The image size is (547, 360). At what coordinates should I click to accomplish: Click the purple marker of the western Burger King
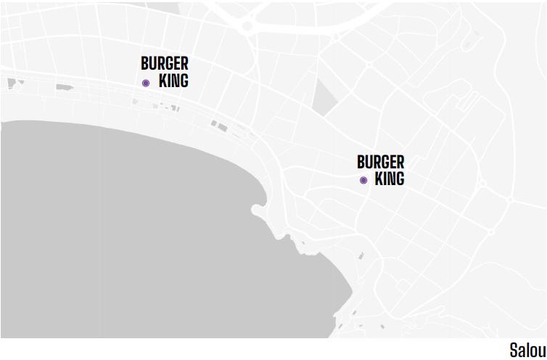pos(146,83)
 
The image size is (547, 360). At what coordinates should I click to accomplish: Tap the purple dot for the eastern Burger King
pos(363,180)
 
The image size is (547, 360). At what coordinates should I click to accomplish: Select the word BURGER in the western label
pos(165,64)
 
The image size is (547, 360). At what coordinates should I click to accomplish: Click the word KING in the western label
pos(173,81)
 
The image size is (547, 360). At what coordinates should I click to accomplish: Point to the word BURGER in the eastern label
pos(381,161)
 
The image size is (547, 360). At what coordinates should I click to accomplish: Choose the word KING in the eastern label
pos(390,178)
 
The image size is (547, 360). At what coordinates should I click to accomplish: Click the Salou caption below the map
pos(527,350)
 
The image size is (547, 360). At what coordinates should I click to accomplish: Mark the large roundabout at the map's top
pos(248,25)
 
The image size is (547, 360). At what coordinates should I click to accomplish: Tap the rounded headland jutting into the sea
pos(258,211)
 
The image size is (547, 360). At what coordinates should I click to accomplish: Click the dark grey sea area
pos(131,232)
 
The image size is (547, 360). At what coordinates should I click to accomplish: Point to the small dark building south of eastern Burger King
pos(361,255)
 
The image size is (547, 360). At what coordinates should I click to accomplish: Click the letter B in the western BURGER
pos(145,64)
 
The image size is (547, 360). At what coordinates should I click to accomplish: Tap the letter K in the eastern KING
pos(379,178)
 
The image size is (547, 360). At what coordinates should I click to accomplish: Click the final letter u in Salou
pos(541,350)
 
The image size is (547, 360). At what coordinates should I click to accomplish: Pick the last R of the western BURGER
pos(184,64)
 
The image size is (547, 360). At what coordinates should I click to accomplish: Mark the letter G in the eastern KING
pos(400,178)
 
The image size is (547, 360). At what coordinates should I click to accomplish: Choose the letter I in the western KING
pos(168,81)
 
